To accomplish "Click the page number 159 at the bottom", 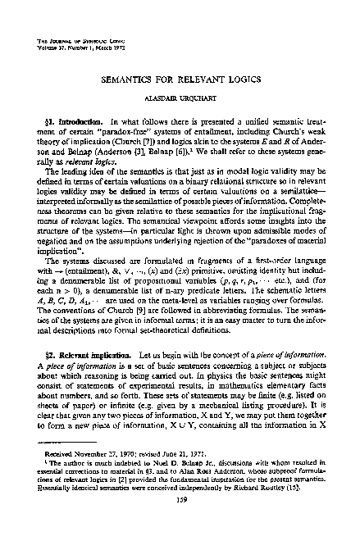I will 180,527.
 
